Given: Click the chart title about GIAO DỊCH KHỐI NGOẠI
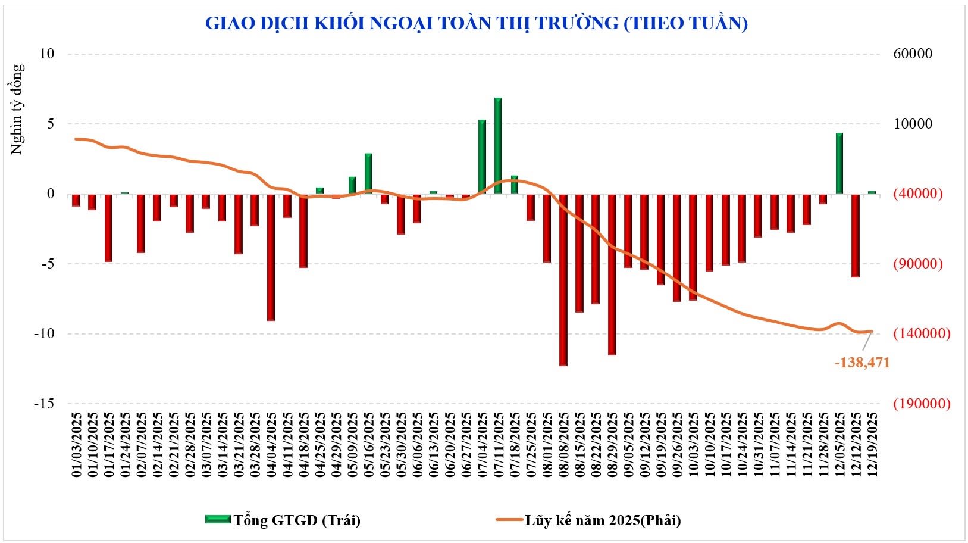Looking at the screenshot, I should (x=476, y=23).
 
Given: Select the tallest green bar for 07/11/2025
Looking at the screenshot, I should (x=498, y=146).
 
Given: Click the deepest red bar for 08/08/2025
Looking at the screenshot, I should (x=563, y=280).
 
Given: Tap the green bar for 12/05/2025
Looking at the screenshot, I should (x=839, y=164).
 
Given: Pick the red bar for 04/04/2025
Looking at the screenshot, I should (x=271, y=257).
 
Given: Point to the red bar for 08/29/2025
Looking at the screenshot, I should (x=612, y=274).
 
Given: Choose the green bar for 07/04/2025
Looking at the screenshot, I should (x=482, y=157).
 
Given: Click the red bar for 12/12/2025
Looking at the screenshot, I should (x=856, y=236).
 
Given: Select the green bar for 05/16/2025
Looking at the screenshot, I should (x=368, y=174).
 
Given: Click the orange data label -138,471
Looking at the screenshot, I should (x=862, y=363).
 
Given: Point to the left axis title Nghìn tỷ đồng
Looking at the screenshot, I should (x=17, y=110).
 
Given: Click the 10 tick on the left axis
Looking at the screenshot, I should (x=47, y=54).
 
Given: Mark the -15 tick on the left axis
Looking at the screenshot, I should (x=43, y=404).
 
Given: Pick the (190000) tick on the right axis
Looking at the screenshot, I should (x=920, y=404).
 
